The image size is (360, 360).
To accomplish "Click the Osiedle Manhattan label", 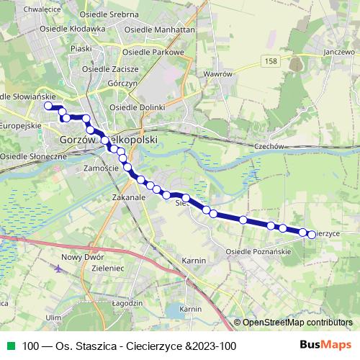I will click(160, 30).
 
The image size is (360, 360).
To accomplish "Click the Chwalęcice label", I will click(22, 9).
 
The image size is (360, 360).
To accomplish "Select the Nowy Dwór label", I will click(83, 256).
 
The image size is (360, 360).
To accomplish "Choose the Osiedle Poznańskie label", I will click(258, 252).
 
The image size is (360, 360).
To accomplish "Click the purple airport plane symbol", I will click(58, 269).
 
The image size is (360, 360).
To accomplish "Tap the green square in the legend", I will click(9, 346).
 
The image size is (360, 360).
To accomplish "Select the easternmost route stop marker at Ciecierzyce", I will click(312, 234).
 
